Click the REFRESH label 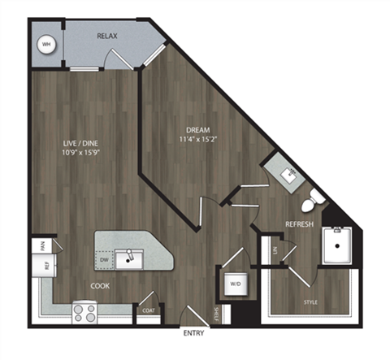point(300,224)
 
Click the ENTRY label point(193,334)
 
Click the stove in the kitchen point(84,310)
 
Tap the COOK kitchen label point(101,285)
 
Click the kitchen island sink point(128,259)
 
